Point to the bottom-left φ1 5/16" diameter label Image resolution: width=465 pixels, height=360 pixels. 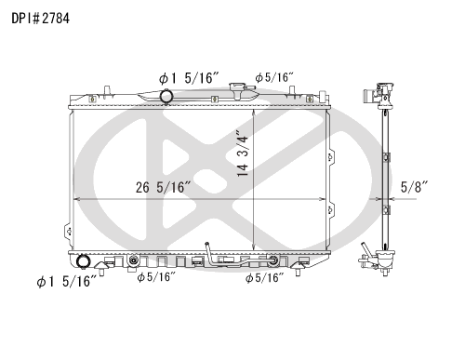[65, 281]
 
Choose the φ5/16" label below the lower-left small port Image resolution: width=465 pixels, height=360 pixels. [156, 277]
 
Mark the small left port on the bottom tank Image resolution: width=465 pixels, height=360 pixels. [136, 260]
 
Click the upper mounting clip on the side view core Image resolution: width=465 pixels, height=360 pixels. [379, 122]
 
